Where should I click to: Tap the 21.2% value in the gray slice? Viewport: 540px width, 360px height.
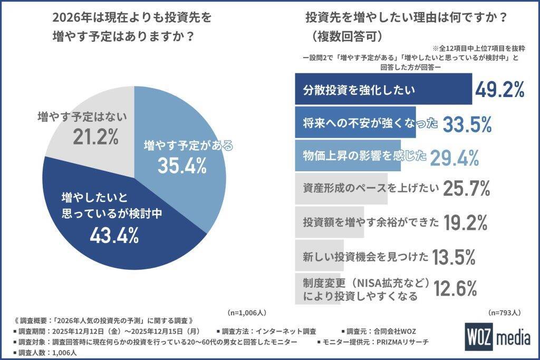tap(94, 137)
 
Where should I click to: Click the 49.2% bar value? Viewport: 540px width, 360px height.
tap(499, 90)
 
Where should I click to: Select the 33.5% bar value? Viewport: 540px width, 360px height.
tap(467, 124)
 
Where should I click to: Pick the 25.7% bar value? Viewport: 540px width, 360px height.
tap(467, 188)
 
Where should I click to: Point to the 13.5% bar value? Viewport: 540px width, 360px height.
tap(454, 257)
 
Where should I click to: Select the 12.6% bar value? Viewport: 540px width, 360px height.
tap(456, 288)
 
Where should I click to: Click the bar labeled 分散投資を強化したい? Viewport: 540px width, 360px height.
tap(382, 90)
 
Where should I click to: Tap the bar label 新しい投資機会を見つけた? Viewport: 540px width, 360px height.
tap(366, 257)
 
